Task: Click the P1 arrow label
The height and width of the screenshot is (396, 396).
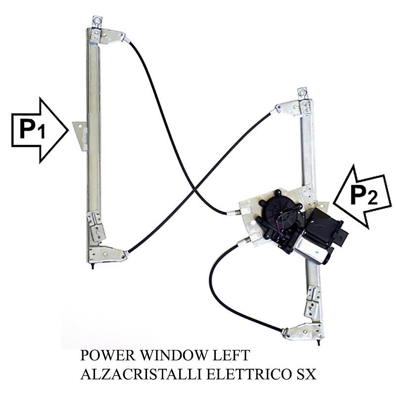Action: (x=32, y=130)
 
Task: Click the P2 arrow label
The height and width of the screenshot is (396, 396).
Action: (x=364, y=196)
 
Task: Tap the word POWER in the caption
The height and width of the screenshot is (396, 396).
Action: (x=108, y=355)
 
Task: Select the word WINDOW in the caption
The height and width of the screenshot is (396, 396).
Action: (x=175, y=355)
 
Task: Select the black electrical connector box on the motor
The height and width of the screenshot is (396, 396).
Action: (x=326, y=225)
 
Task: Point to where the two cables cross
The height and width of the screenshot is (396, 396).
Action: (x=195, y=188)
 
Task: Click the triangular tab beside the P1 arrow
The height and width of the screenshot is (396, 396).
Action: (x=80, y=136)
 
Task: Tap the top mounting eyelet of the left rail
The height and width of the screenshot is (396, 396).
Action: (x=97, y=22)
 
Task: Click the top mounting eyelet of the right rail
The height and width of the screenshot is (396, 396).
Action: (x=302, y=93)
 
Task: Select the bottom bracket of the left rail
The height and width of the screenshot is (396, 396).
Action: (x=107, y=254)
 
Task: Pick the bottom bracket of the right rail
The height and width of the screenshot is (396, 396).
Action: (x=303, y=331)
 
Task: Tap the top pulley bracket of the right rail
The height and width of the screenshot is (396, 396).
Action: (x=293, y=108)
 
